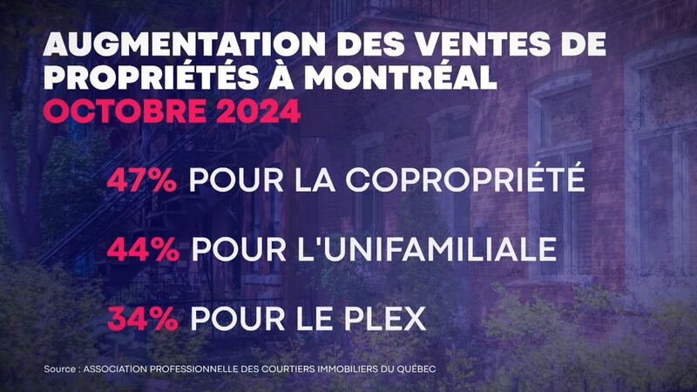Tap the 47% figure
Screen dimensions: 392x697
pyautogui.click(x=142, y=180)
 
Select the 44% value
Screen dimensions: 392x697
pyautogui.click(x=143, y=250)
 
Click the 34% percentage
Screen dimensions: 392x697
pyautogui.click(x=141, y=318)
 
